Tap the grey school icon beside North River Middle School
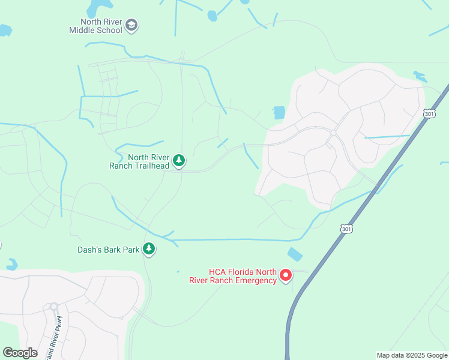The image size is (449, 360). click(132, 26)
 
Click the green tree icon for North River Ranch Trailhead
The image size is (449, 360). click(178, 161)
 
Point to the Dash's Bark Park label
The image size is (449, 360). click(108, 250)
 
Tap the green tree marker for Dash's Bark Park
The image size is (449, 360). click(148, 249)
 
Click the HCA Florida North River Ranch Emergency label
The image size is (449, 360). click(242, 276)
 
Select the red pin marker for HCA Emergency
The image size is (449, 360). click(286, 275)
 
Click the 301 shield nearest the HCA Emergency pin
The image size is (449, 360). click(346, 229)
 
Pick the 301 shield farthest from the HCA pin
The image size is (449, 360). click(429, 113)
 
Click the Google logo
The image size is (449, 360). click(20, 353)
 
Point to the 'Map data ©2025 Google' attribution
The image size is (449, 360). click(412, 355)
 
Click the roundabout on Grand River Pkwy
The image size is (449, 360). click(53, 307)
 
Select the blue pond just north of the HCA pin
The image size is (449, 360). click(295, 254)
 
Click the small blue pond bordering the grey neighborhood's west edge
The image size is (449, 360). click(279, 112)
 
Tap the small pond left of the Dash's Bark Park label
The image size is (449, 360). click(12, 264)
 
